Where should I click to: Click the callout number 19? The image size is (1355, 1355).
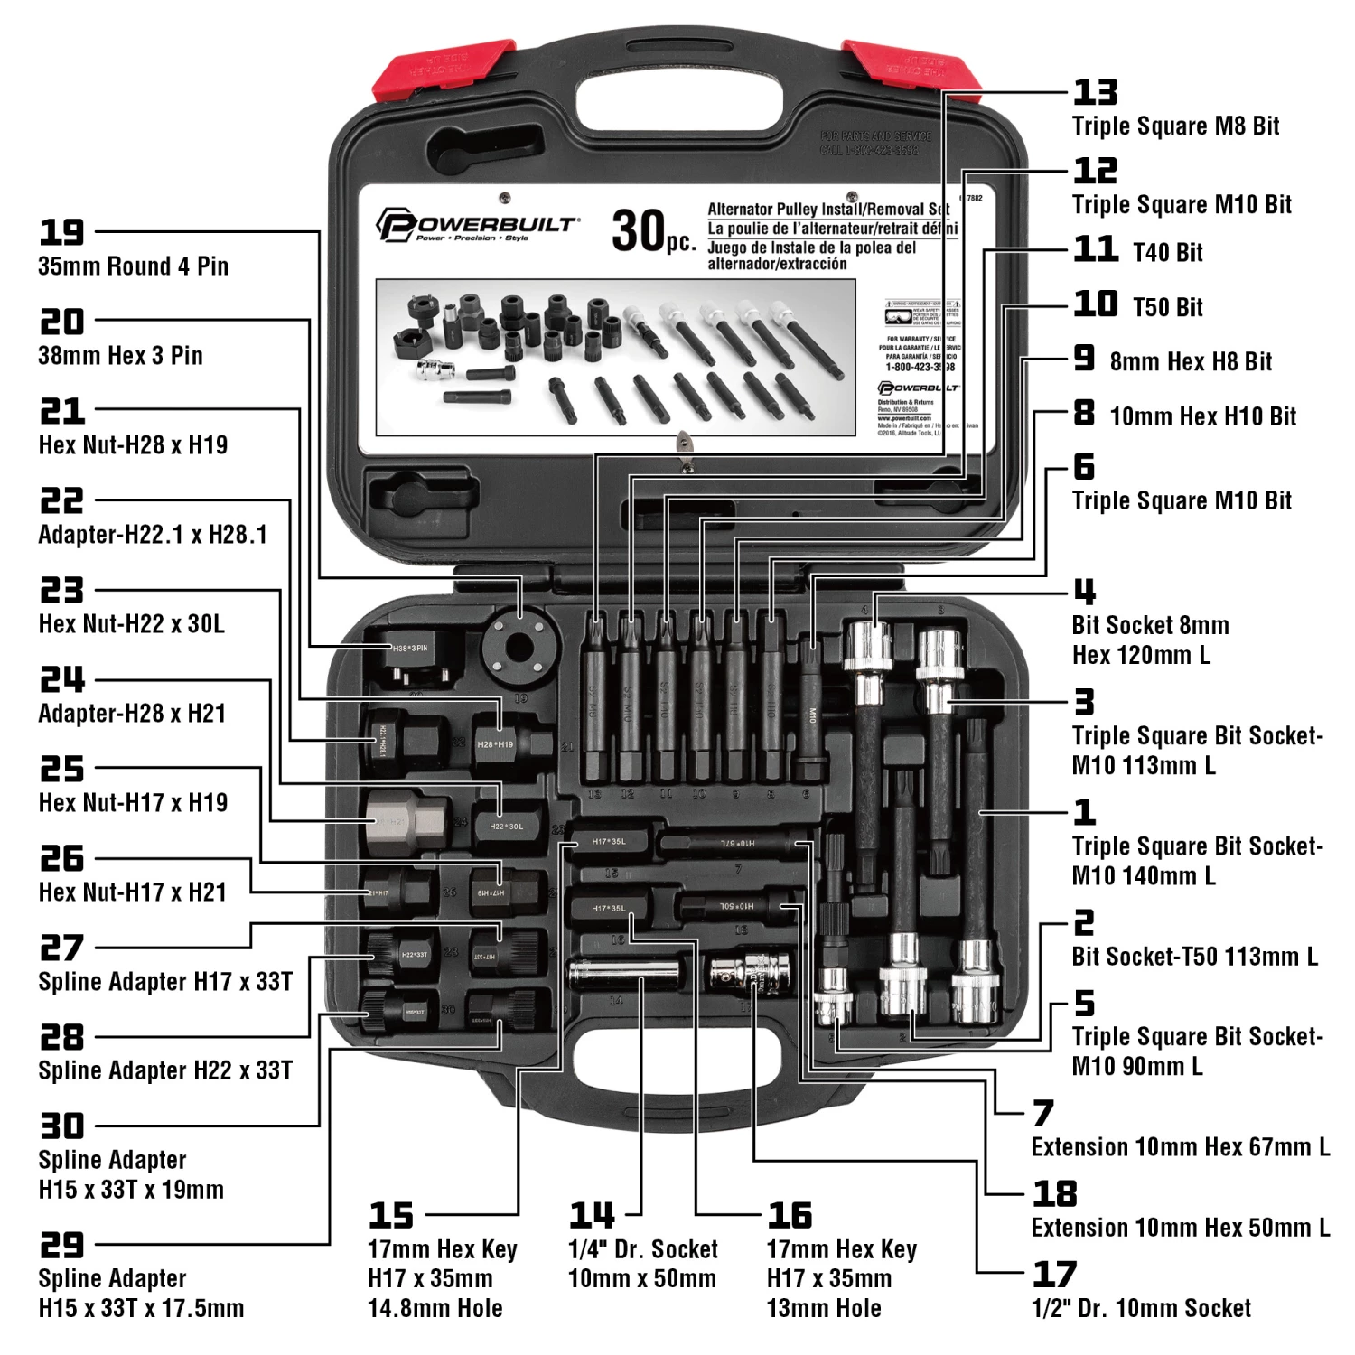point(61,233)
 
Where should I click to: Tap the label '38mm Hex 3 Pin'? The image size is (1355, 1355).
point(120,355)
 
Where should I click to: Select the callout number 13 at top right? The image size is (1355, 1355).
point(1095,92)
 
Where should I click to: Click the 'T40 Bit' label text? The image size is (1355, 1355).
point(1168,253)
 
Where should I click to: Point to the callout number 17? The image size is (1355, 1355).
point(1054,1275)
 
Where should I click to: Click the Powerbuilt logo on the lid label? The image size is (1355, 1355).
point(477,226)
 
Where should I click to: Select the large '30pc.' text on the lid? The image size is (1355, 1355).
point(653,231)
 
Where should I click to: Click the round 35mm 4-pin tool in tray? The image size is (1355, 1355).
point(518,647)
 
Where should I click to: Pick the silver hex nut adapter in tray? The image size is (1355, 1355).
point(407,821)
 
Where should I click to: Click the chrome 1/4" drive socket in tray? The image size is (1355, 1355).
point(623,975)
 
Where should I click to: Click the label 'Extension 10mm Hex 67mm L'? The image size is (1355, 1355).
point(1180,1147)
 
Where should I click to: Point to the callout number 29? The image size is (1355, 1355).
point(61,1245)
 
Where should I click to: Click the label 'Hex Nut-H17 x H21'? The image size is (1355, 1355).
point(132,892)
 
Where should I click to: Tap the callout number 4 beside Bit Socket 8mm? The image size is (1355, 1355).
point(1084,593)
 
